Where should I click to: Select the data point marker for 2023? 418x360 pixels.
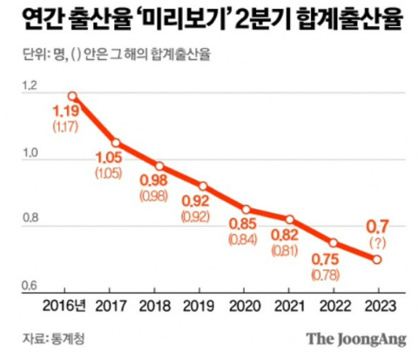coord(377,259)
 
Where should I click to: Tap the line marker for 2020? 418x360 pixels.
coord(246,209)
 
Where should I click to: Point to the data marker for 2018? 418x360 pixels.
coord(159,166)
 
